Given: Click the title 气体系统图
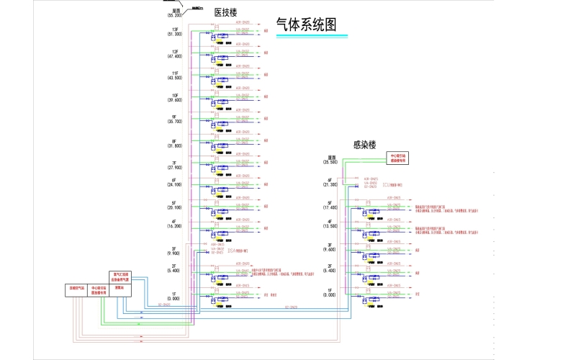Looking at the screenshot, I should tap(306, 24).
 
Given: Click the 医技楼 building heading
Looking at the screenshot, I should tap(225, 12).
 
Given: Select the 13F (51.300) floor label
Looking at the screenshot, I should tap(174, 31).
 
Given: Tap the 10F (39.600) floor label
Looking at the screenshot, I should tap(174, 97).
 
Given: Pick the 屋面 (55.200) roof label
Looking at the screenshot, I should tap(175, 12).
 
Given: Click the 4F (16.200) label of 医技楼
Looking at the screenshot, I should tap(174, 223).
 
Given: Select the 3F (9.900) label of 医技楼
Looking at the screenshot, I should tap(174, 251).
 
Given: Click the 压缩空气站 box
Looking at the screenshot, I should tap(76, 290).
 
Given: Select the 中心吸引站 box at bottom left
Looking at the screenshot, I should tap(99, 290).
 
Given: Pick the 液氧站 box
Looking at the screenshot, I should tap(120, 287).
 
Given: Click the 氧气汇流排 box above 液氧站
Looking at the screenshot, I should tap(120, 276).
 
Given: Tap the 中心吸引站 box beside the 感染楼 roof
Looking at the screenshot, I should tap(398, 158).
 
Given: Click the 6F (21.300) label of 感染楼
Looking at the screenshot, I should tap(330, 182).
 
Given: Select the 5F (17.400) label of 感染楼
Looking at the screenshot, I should tap(330, 204).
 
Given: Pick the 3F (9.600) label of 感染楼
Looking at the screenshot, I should tap(330, 248).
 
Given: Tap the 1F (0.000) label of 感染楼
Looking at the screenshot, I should tap(330, 292).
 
